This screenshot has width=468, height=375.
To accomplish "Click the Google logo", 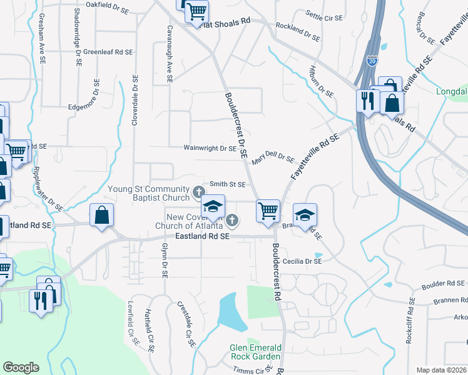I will [21, 367].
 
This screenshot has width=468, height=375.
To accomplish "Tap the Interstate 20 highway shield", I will [372, 61].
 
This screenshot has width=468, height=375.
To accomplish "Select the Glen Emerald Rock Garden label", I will [255, 352].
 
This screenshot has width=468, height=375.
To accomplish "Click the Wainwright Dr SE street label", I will [210, 149].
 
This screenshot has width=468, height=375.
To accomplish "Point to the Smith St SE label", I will [227, 184].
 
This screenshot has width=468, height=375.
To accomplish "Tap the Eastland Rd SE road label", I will [201, 237].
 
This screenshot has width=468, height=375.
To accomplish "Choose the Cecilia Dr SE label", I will [302, 262].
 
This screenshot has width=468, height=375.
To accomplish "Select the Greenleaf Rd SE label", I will [108, 52].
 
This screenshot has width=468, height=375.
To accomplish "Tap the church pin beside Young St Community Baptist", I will [199, 190].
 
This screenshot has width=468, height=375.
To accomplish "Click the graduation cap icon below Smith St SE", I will [213, 206].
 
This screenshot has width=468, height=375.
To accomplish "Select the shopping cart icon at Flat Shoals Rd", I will [196, 11].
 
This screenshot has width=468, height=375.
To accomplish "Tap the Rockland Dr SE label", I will [297, 29].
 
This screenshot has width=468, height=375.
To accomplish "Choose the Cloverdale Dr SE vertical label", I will [135, 101].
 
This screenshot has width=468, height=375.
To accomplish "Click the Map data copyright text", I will [441, 370].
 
